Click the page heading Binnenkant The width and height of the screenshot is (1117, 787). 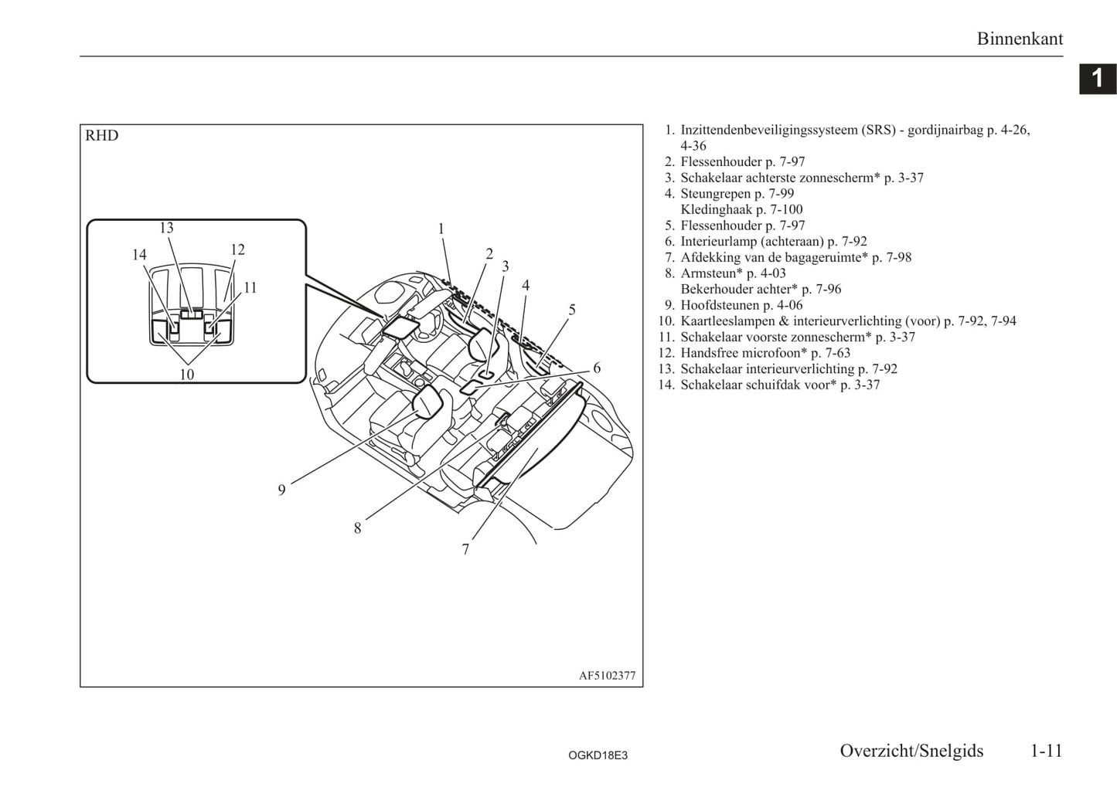point(1020,39)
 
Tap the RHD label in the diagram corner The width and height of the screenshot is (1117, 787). point(102,135)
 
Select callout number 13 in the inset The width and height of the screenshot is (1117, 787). point(166,228)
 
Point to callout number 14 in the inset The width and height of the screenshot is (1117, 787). point(139,255)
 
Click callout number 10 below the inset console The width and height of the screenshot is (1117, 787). point(186,375)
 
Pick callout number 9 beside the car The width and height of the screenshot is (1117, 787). point(281,490)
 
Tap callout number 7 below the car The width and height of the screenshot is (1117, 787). point(465,549)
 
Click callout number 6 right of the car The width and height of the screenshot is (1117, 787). point(597,368)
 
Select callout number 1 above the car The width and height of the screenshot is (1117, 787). point(441,229)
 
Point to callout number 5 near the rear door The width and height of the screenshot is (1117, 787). point(572,310)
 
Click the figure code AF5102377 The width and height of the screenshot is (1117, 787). point(608,676)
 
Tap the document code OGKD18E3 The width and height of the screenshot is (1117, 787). point(598,755)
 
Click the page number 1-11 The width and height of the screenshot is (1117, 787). point(1047,751)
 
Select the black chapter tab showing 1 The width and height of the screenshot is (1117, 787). point(1098,79)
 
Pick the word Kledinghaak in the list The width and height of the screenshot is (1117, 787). point(716,209)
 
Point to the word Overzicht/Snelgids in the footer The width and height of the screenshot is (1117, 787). point(911,751)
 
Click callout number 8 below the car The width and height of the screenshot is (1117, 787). point(358,528)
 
